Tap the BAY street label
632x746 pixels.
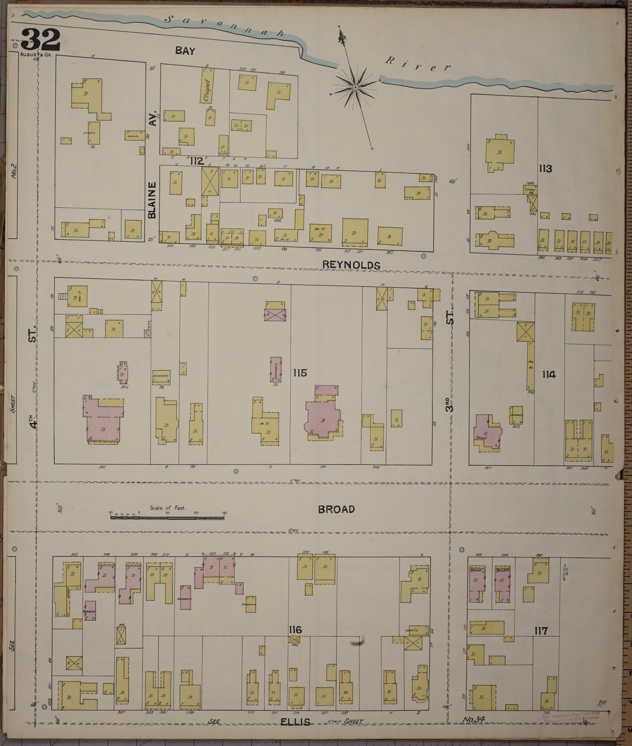(185, 51)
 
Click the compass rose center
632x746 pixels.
(356, 87)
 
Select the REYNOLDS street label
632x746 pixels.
(351, 265)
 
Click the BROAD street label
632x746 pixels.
(336, 509)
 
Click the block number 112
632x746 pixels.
(197, 161)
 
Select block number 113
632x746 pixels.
(546, 169)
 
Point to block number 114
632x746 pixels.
(548, 374)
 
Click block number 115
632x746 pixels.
(300, 373)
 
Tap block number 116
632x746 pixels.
(295, 630)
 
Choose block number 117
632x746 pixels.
(541, 631)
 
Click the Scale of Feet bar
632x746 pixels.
(168, 517)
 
